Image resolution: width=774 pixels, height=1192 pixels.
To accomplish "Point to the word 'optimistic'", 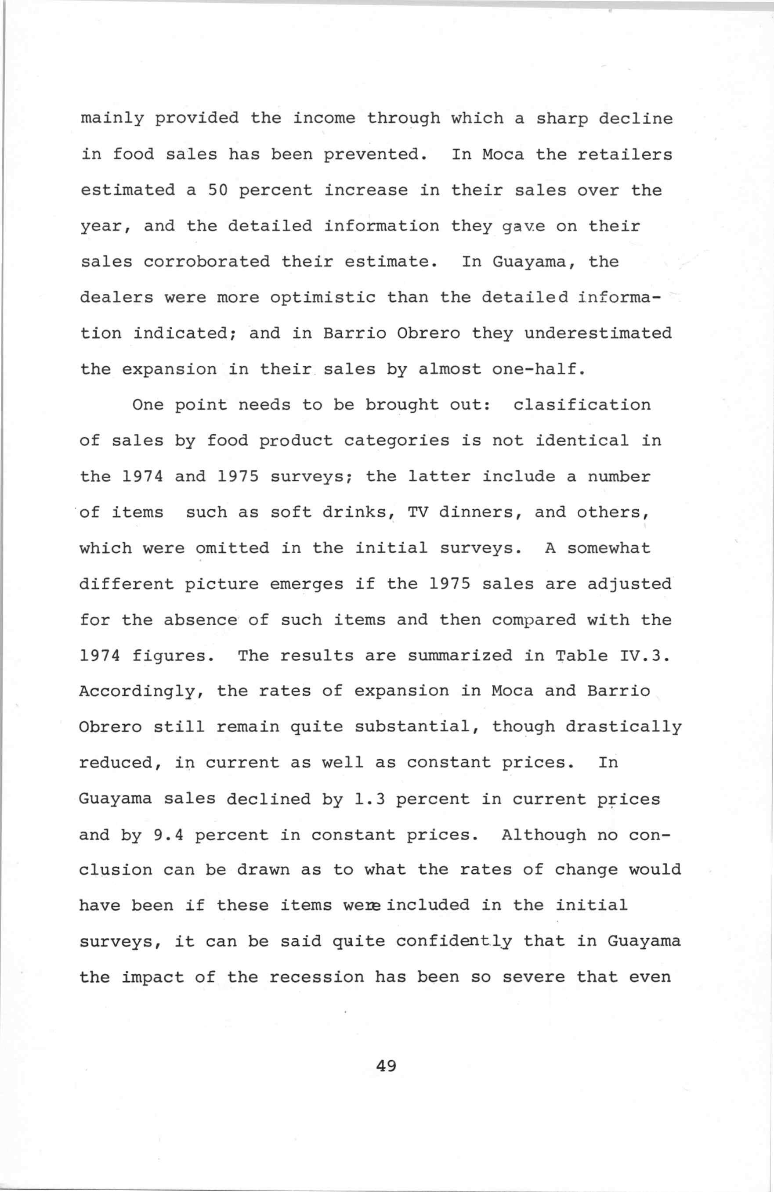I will click(x=322, y=298).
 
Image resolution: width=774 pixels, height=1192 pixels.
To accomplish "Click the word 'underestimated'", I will click(x=598, y=333).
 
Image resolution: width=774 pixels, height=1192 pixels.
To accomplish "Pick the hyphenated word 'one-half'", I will click(x=539, y=369).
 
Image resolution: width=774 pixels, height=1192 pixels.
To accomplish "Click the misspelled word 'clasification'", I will click(x=582, y=405).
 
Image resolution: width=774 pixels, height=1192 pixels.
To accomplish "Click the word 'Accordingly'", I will click(x=142, y=691).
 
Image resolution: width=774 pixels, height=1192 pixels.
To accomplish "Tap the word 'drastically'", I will click(x=624, y=727).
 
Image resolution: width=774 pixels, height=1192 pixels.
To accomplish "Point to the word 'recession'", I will click(x=317, y=977).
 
